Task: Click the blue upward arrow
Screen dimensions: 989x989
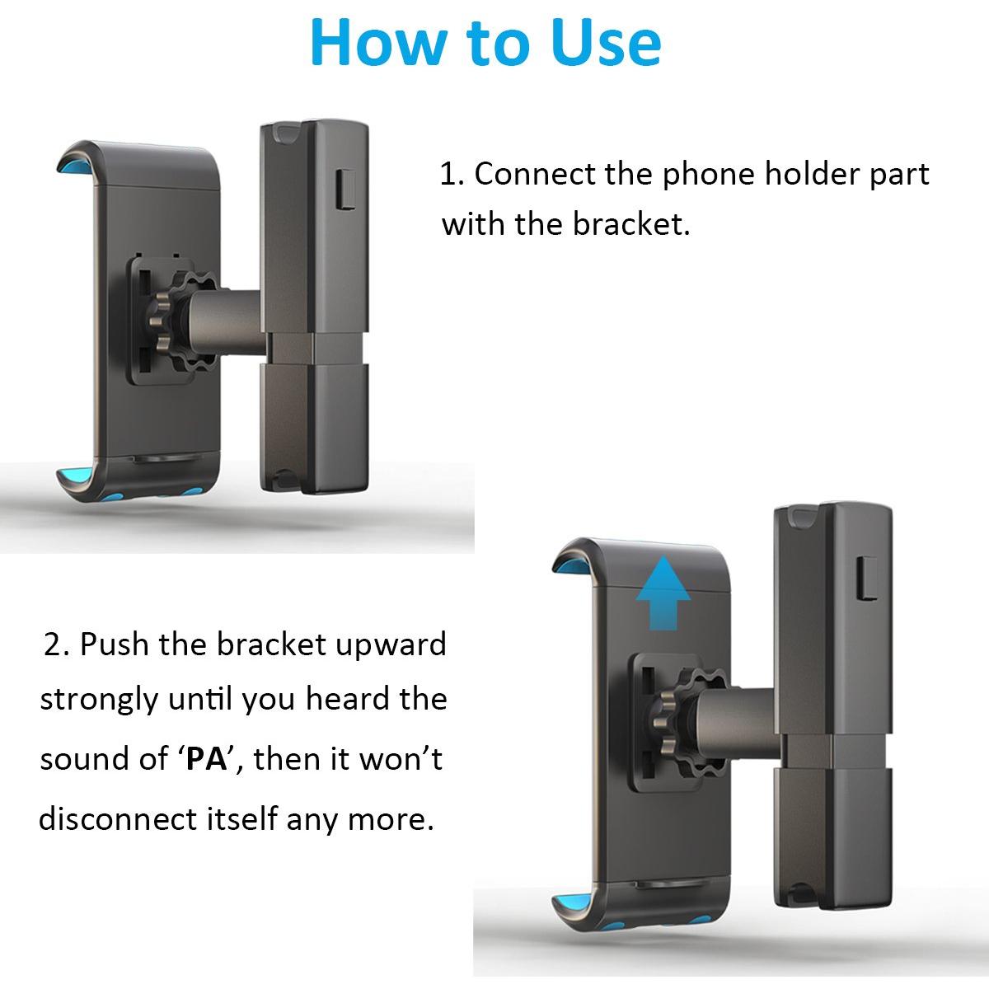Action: point(663,593)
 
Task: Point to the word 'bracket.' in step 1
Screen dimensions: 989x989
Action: point(632,224)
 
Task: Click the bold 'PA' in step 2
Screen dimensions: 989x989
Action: point(206,758)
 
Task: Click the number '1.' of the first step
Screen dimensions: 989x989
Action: point(452,175)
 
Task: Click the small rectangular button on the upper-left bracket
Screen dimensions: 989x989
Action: point(346,189)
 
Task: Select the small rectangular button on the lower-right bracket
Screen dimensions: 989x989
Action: point(869,579)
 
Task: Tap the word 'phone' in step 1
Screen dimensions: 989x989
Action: point(708,176)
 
